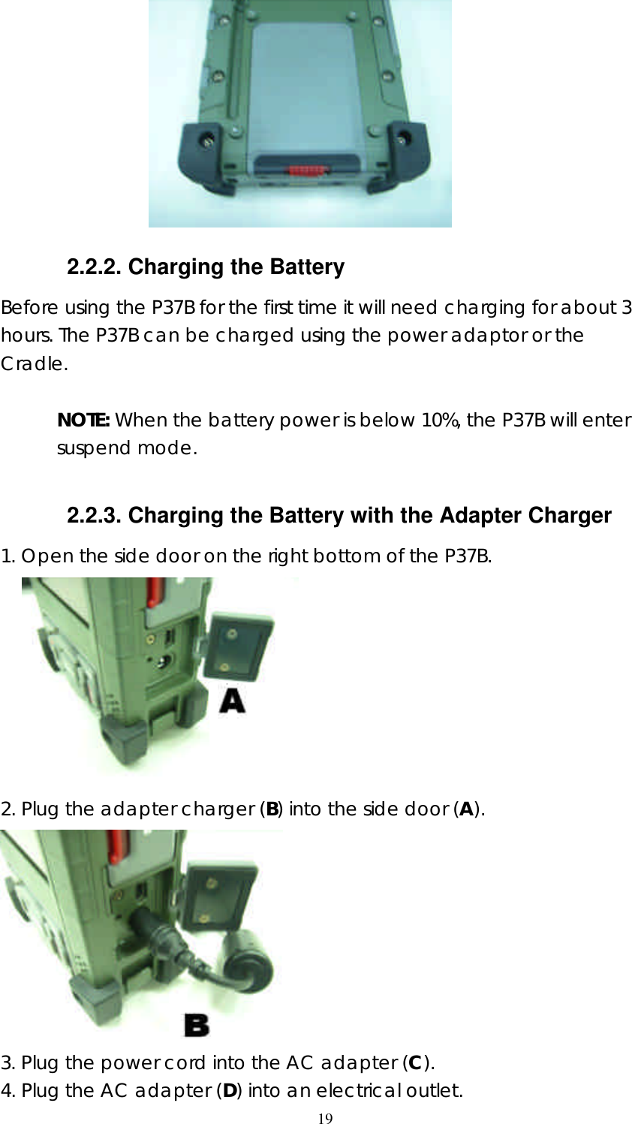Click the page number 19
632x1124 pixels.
(325, 1119)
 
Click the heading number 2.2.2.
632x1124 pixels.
(95, 267)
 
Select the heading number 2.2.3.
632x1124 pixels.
(95, 516)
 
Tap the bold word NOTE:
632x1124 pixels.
(83, 420)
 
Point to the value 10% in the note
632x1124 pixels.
(439, 420)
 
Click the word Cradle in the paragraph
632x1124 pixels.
(33, 364)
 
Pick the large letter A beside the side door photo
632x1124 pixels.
(232, 701)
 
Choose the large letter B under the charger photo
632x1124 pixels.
(197, 1025)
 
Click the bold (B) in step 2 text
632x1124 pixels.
(273, 809)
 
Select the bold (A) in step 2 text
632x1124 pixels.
(466, 809)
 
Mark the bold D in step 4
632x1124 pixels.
(229, 1090)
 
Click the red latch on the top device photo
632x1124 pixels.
(306, 170)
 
